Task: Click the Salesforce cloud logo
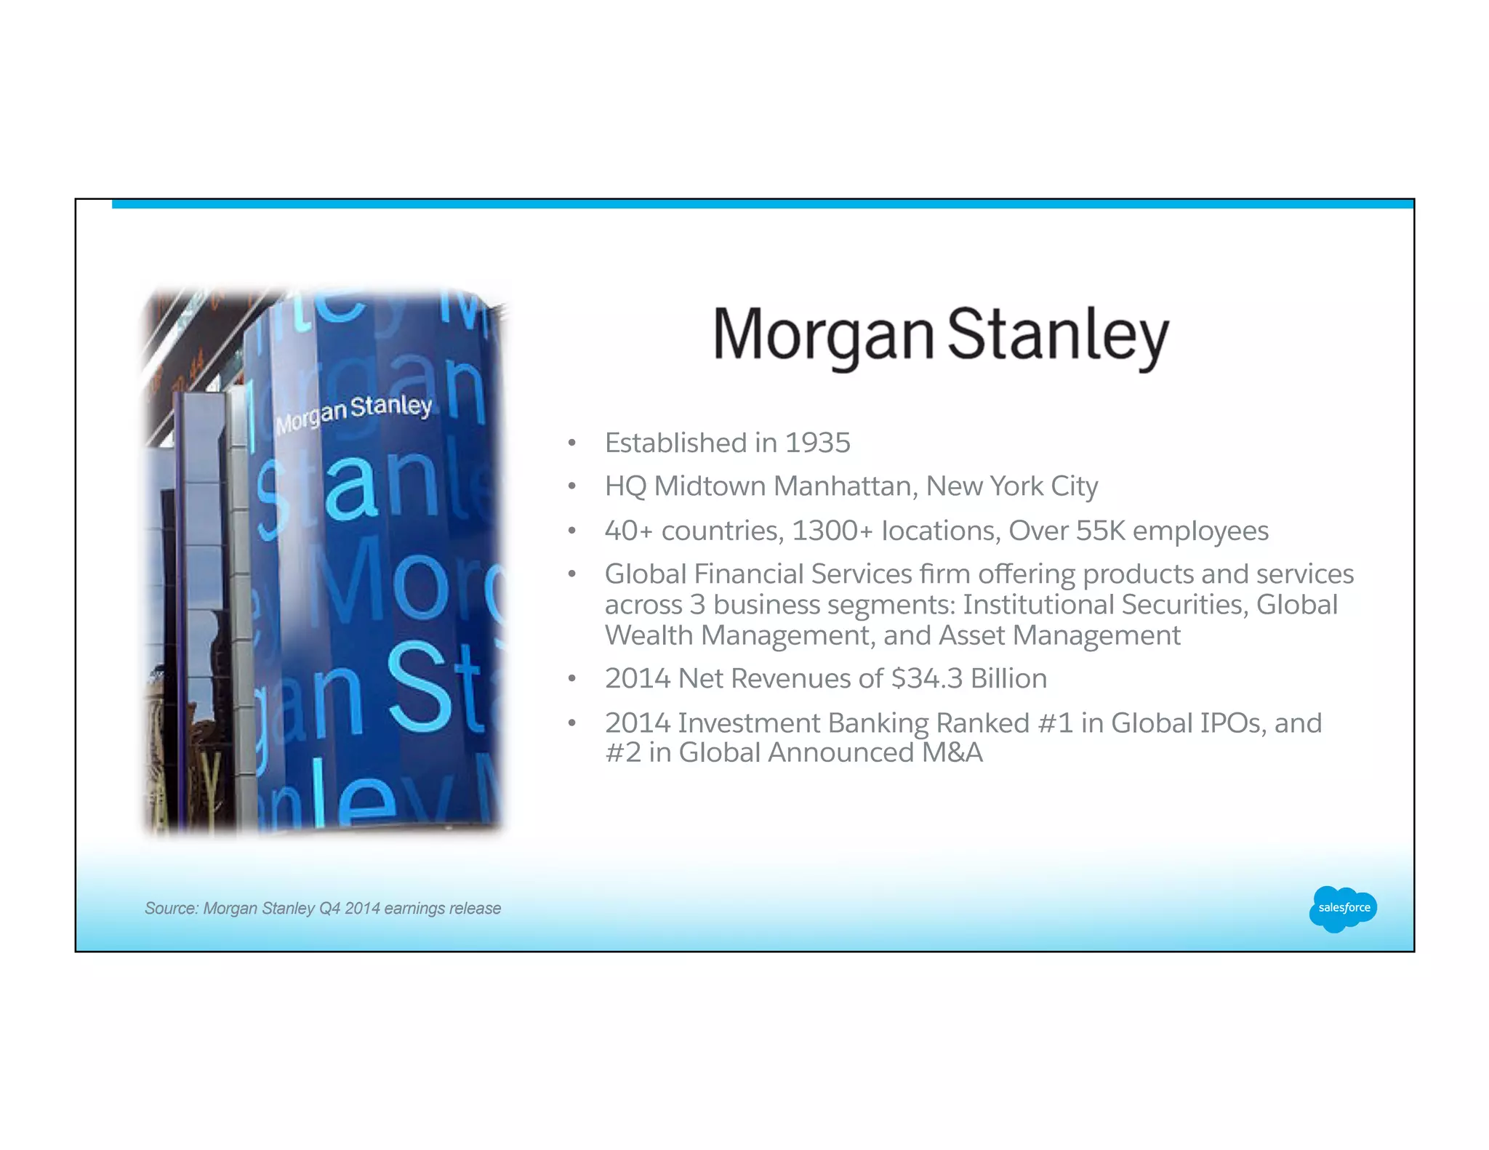(1343, 908)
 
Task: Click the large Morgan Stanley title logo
(941, 336)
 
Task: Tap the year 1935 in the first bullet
(818, 443)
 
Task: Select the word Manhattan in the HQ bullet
(846, 486)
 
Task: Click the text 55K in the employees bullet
(1100, 531)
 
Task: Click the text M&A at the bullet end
(952, 752)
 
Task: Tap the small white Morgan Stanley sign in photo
(354, 412)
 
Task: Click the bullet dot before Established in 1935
(572, 443)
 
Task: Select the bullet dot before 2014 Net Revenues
(572, 679)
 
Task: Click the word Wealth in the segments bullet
(649, 635)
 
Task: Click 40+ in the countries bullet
(629, 531)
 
